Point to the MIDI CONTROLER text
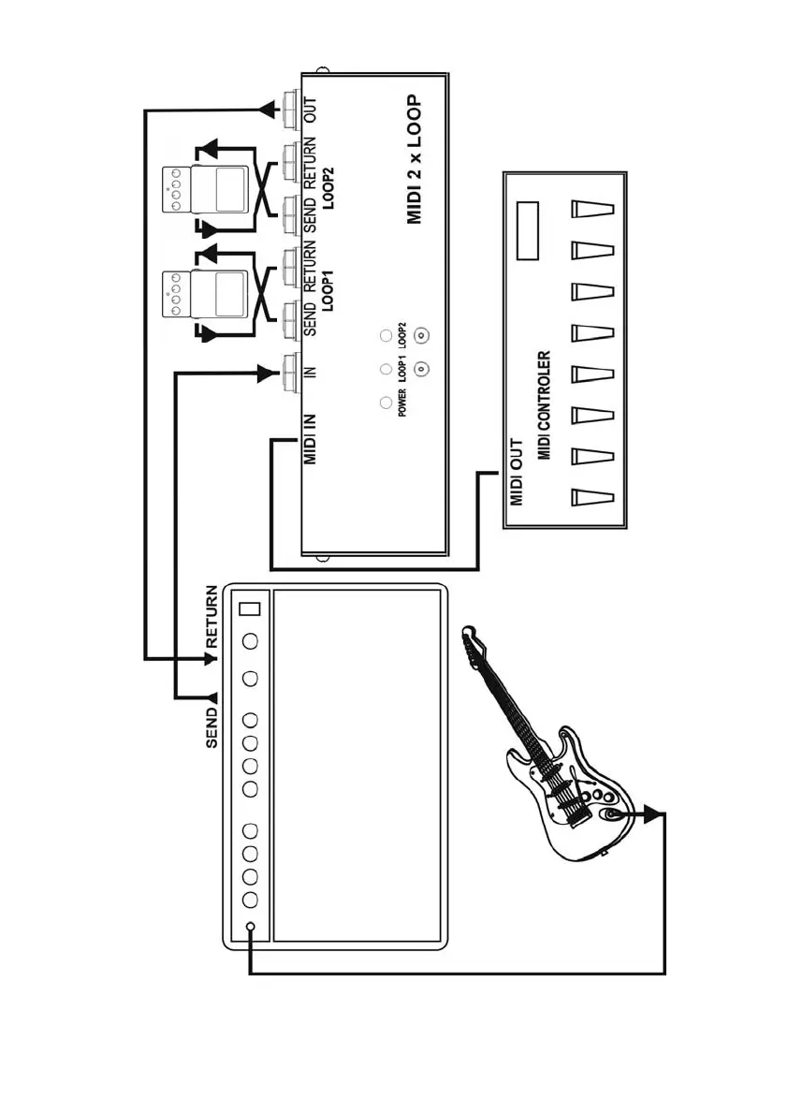tap(544, 404)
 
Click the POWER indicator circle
tap(385, 402)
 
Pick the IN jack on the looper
tap(292, 373)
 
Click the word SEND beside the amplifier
tap(212, 726)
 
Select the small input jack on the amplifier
tap(250, 928)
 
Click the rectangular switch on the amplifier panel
tap(249, 609)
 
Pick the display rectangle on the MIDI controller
tap(530, 231)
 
